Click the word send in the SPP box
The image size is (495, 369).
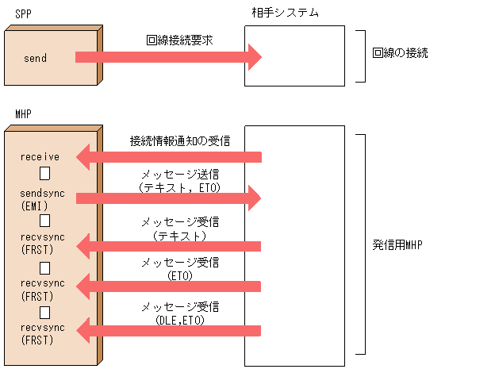click(36, 58)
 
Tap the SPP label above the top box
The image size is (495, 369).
click(24, 13)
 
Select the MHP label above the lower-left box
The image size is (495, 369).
click(24, 114)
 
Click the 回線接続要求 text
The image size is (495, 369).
click(179, 39)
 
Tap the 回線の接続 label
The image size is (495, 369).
click(400, 54)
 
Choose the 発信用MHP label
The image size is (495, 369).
click(397, 244)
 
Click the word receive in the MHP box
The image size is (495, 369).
click(40, 157)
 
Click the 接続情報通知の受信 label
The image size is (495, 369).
click(180, 140)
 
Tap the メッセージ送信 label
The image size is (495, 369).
click(180, 175)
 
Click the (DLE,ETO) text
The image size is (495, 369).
click(180, 320)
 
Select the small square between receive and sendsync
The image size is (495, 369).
click(46, 173)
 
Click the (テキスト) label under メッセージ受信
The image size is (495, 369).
click(180, 235)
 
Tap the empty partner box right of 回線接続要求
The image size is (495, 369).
click(294, 56)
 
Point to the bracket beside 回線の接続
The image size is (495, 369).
click(360, 56)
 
